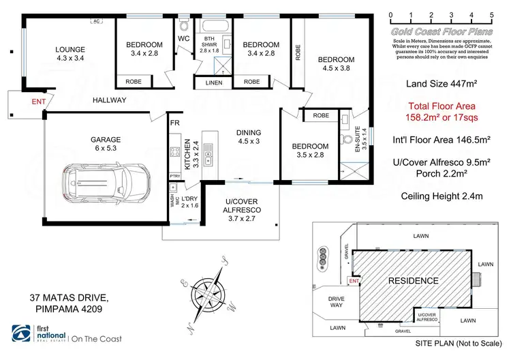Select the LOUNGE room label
pyautogui.click(x=70, y=49)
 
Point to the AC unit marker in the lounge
pyautogui.click(x=96, y=21)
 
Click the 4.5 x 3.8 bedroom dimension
pyautogui.click(x=335, y=68)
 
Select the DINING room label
pyautogui.click(x=249, y=133)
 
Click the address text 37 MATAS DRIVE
pyautogui.click(x=67, y=298)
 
